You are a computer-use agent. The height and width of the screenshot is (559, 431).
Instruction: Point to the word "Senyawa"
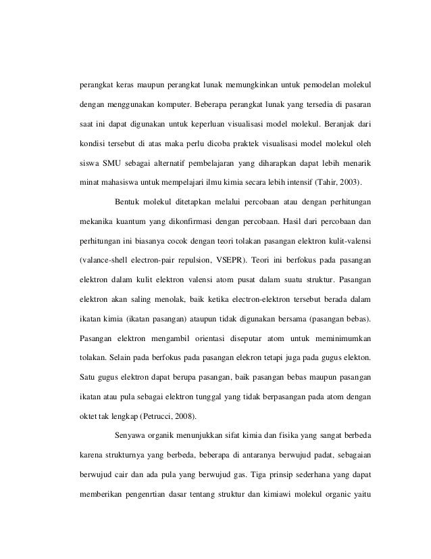coord(132,433)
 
